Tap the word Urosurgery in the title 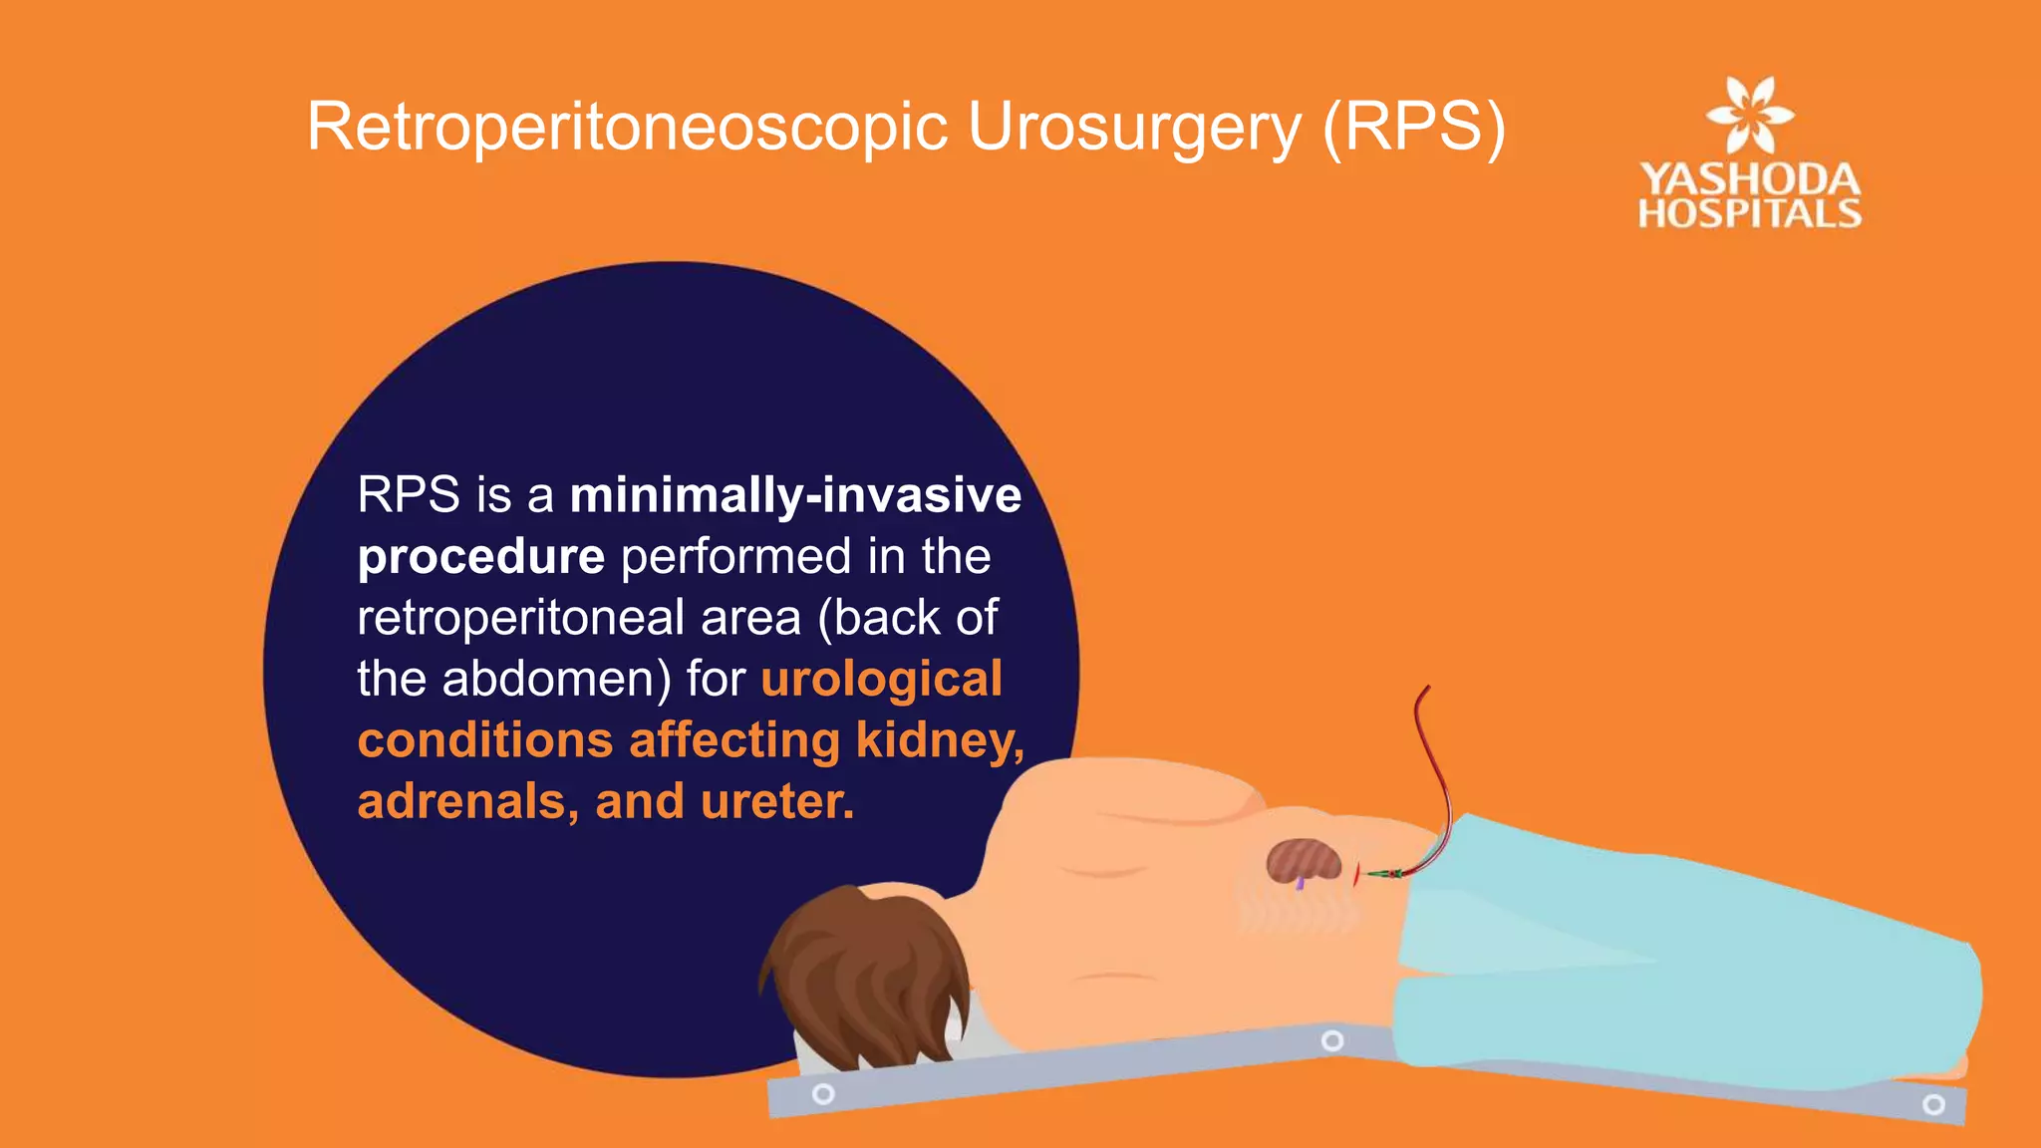(x=1134, y=128)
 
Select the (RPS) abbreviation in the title (x=1414, y=128)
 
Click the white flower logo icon (x=1750, y=115)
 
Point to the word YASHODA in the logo (x=1750, y=179)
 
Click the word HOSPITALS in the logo (x=1750, y=213)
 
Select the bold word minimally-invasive (x=795, y=495)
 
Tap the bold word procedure (x=481, y=557)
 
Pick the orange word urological (x=882, y=680)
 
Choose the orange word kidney (x=940, y=741)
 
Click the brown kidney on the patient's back (x=1304, y=860)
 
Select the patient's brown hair (x=862, y=972)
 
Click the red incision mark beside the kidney (x=1356, y=873)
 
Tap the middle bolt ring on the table (x=1332, y=1041)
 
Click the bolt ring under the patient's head (x=823, y=1094)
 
